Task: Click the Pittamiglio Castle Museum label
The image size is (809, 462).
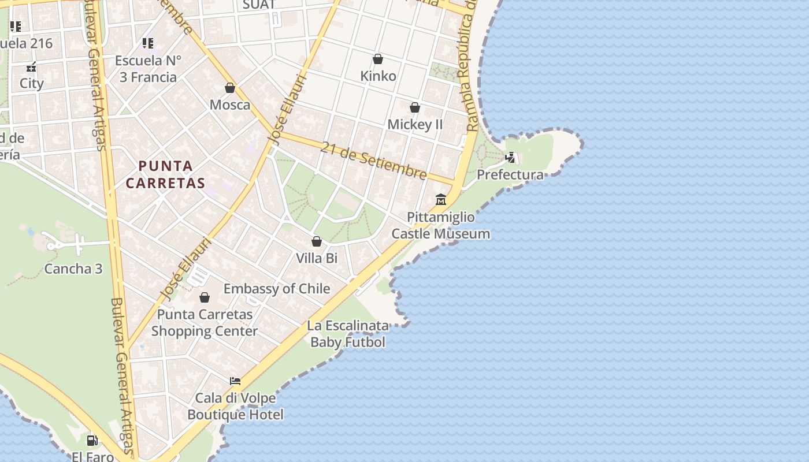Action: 441,226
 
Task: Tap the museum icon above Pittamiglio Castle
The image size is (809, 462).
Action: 441,200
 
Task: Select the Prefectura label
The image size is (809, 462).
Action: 510,175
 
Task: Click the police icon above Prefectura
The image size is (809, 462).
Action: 510,157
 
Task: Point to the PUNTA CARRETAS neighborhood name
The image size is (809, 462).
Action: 165,175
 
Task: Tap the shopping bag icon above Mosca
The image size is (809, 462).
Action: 230,88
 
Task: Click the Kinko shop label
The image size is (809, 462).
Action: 378,76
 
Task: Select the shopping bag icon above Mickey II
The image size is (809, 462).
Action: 415,107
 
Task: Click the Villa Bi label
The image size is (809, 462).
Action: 317,258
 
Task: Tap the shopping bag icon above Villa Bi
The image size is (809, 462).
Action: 317,241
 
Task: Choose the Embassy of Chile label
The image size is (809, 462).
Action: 277,289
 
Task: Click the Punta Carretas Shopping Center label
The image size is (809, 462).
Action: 205,323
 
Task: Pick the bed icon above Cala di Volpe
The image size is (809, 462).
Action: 235,381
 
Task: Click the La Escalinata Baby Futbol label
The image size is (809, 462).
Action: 348,334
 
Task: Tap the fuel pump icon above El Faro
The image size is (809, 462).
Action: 92,441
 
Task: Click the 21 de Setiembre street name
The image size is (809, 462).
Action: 374,161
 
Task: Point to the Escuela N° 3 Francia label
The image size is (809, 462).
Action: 148,69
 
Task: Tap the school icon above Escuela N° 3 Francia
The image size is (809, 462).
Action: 148,43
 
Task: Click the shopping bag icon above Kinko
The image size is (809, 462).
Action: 378,59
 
